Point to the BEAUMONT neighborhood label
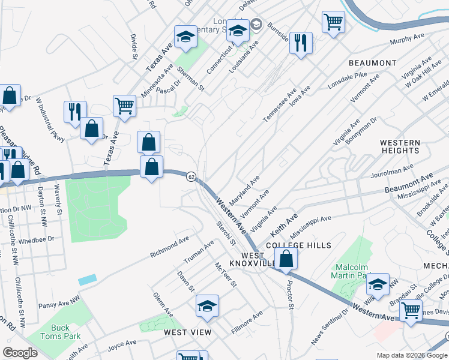point(373,63)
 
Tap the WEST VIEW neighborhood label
point(188,332)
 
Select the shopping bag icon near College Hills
point(287,259)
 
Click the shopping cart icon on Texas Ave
point(124,106)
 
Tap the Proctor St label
point(290,295)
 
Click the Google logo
point(20,353)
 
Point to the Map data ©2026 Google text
point(411,355)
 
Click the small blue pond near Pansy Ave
point(86,280)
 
